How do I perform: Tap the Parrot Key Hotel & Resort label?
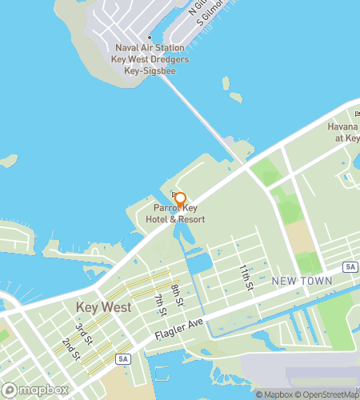[x=180, y=214]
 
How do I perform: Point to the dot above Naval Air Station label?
[x=149, y=37]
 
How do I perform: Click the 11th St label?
[x=247, y=277]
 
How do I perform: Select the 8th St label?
[x=178, y=294]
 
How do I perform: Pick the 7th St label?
[x=160, y=305]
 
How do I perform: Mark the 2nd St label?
[x=68, y=346]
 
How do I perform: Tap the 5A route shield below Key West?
[x=121, y=359]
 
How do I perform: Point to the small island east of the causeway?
[x=235, y=98]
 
